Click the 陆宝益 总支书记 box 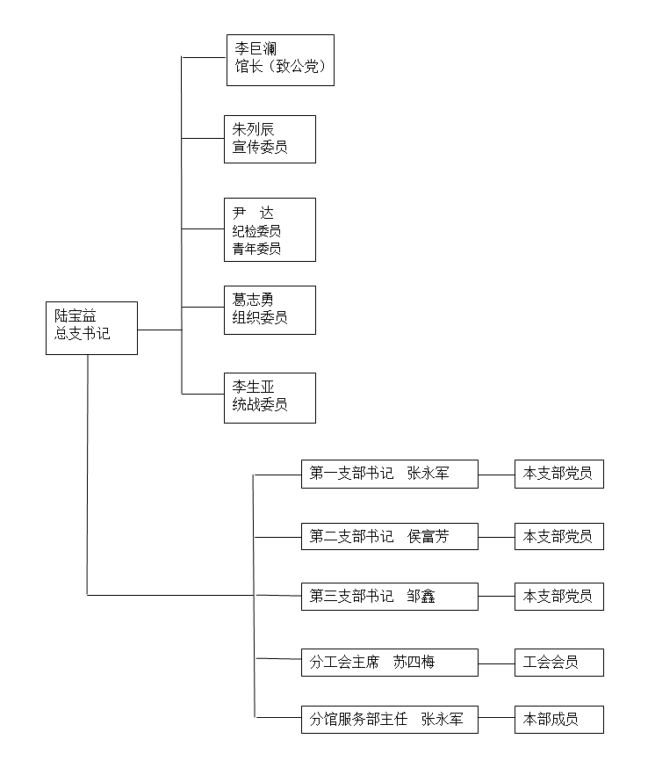[91, 328]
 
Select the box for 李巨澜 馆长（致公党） [280, 60]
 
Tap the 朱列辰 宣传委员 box [270, 139]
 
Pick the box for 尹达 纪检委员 [270, 229]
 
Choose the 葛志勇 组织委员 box [270, 309]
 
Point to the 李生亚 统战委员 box [270, 397]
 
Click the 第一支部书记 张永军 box [389, 475]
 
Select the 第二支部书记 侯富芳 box [389, 536]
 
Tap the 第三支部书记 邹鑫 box [389, 597]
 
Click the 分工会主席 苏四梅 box [389, 663]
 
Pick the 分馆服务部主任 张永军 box [389, 720]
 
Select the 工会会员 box [558, 663]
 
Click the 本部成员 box [558, 720]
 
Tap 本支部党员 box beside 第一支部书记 [558, 475]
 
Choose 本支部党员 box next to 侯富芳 [558, 536]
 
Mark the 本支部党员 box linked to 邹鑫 [558, 597]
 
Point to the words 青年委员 [257, 249]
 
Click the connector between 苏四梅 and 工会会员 [496, 663]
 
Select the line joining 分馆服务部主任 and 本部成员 [496, 720]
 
